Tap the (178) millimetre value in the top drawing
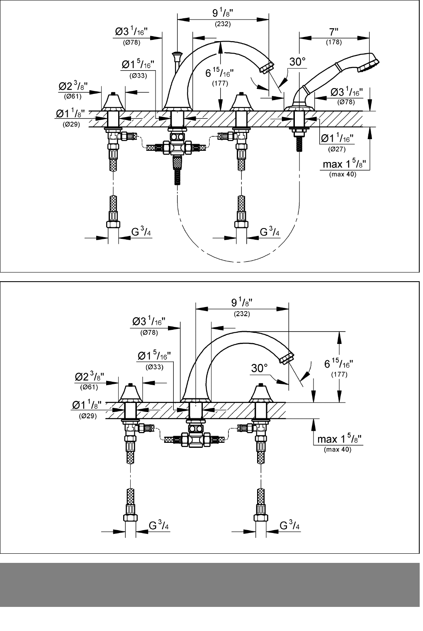click(x=334, y=42)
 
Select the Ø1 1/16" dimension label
click(x=337, y=138)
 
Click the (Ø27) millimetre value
click(x=337, y=149)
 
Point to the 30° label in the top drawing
click(x=298, y=62)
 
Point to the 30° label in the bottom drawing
click(x=259, y=368)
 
